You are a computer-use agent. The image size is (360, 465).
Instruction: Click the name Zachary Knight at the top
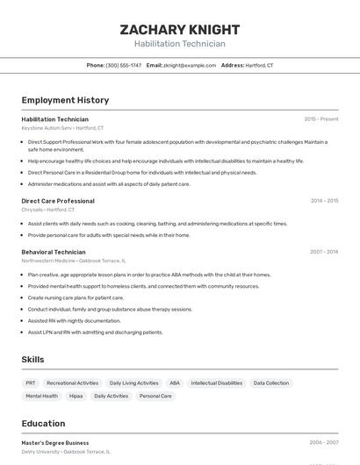[179, 29]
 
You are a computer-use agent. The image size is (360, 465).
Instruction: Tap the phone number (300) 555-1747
[123, 65]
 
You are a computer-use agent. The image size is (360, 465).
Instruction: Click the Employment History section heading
[65, 101]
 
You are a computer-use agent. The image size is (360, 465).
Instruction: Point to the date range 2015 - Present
[320, 119]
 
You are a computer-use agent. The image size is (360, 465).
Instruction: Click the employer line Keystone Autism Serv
[62, 128]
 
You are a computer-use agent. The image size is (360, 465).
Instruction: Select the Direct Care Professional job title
[58, 201]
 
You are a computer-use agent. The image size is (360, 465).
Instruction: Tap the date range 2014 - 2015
[324, 201]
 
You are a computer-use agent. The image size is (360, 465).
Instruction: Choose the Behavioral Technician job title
[54, 252]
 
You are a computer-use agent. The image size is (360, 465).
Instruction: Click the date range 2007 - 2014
[324, 252]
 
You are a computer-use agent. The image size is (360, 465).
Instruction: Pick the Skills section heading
[32, 360]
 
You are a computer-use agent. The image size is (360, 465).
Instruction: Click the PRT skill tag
[31, 383]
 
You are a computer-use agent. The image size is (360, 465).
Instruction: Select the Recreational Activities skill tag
[73, 383]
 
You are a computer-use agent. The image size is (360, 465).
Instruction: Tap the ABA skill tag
[175, 383]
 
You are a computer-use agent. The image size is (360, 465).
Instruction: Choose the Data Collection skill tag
[270, 383]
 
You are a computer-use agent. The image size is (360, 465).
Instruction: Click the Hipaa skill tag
[76, 397]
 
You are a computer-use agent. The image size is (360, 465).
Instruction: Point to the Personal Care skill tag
[155, 397]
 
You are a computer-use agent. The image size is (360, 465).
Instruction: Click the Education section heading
[43, 423]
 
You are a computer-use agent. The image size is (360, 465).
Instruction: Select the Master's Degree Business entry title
[55, 443]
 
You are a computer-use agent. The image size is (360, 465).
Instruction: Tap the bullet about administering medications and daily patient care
[109, 184]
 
